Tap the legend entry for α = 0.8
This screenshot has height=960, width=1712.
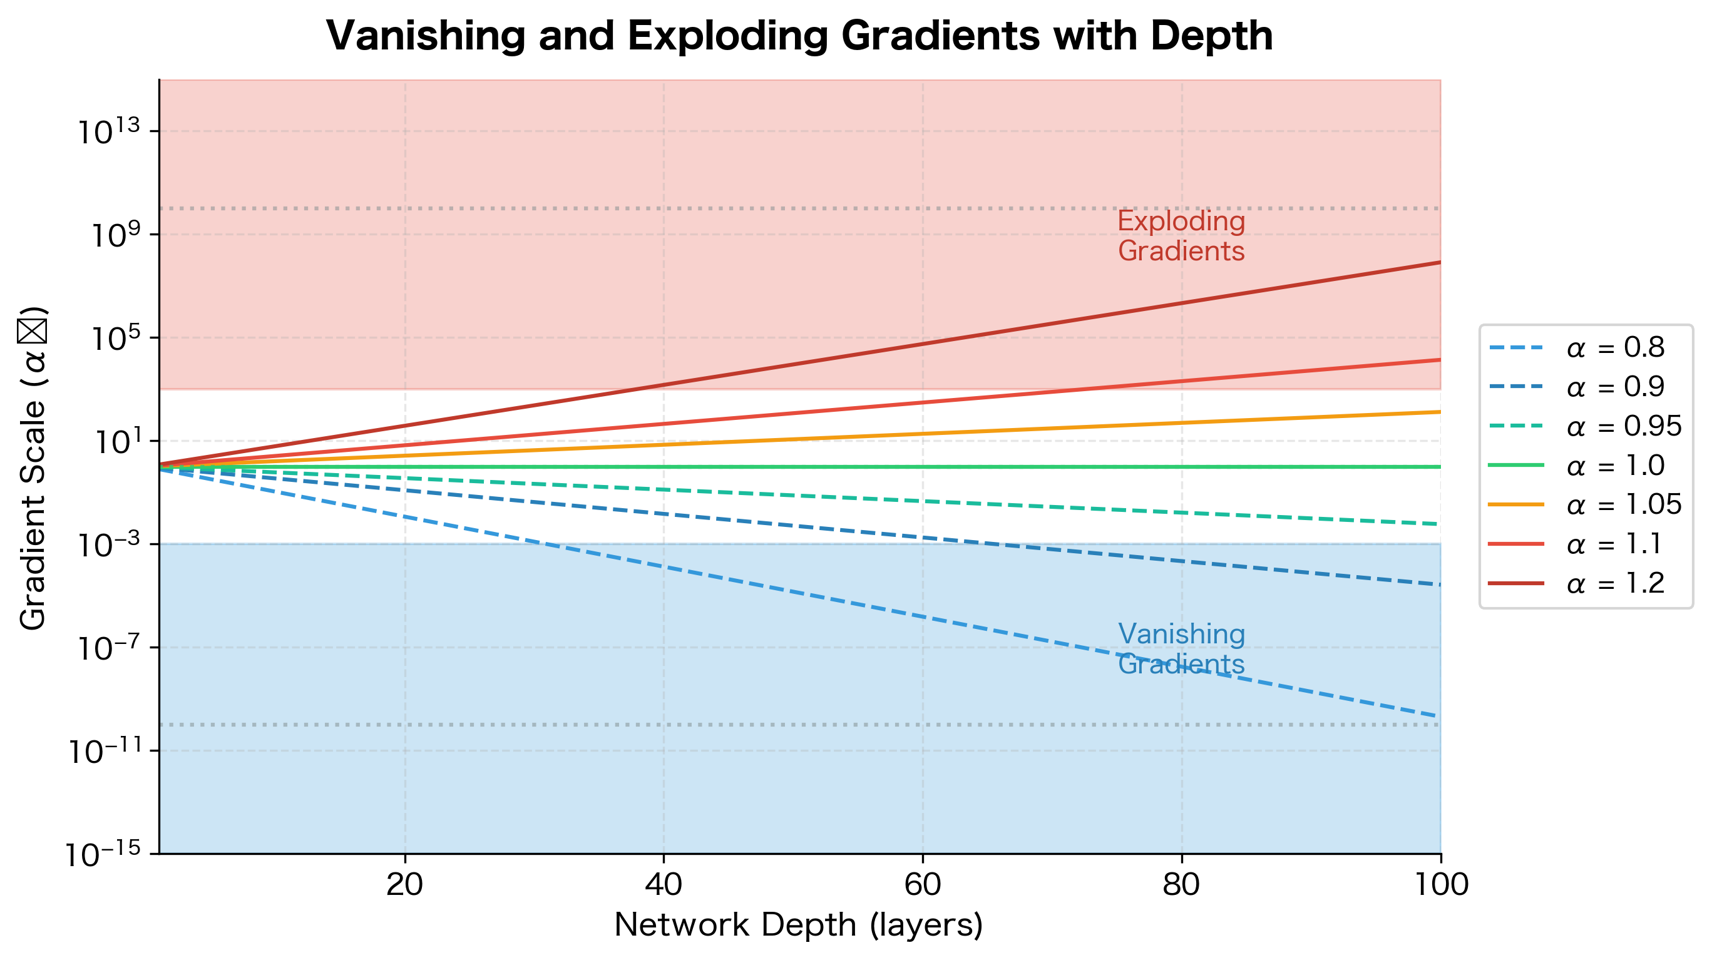tap(1615, 347)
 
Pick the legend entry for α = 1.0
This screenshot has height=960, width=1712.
tap(1615, 466)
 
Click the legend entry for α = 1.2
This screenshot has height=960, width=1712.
tap(1615, 584)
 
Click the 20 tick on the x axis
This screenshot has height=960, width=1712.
tap(405, 885)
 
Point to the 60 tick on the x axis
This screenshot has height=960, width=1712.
tap(923, 885)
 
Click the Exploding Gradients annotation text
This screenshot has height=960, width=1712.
tap(1181, 237)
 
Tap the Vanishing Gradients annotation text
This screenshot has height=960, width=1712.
tap(1181, 649)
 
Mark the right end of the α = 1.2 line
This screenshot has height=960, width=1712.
tap(1440, 262)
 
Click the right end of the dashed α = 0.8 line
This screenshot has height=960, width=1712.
tap(1438, 716)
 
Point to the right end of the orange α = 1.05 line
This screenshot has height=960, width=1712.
tap(1440, 412)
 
